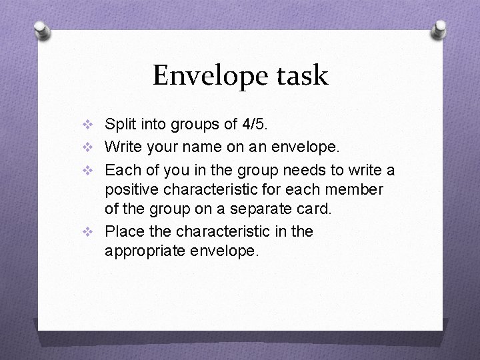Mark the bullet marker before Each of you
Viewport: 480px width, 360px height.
point(92,169)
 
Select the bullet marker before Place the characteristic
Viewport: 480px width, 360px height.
point(92,232)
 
